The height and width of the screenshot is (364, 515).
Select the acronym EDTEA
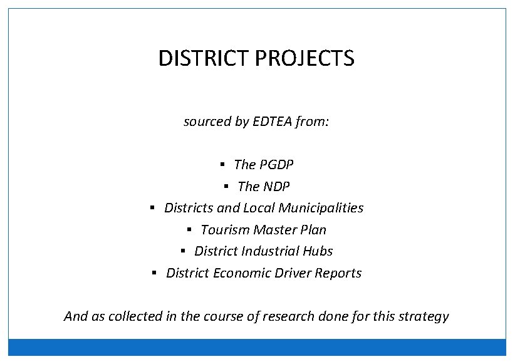[272, 122]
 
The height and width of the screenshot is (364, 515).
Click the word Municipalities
[321, 208]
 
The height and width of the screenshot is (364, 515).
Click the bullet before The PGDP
[222, 165]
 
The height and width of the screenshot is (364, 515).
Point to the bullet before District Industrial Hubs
[183, 251]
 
